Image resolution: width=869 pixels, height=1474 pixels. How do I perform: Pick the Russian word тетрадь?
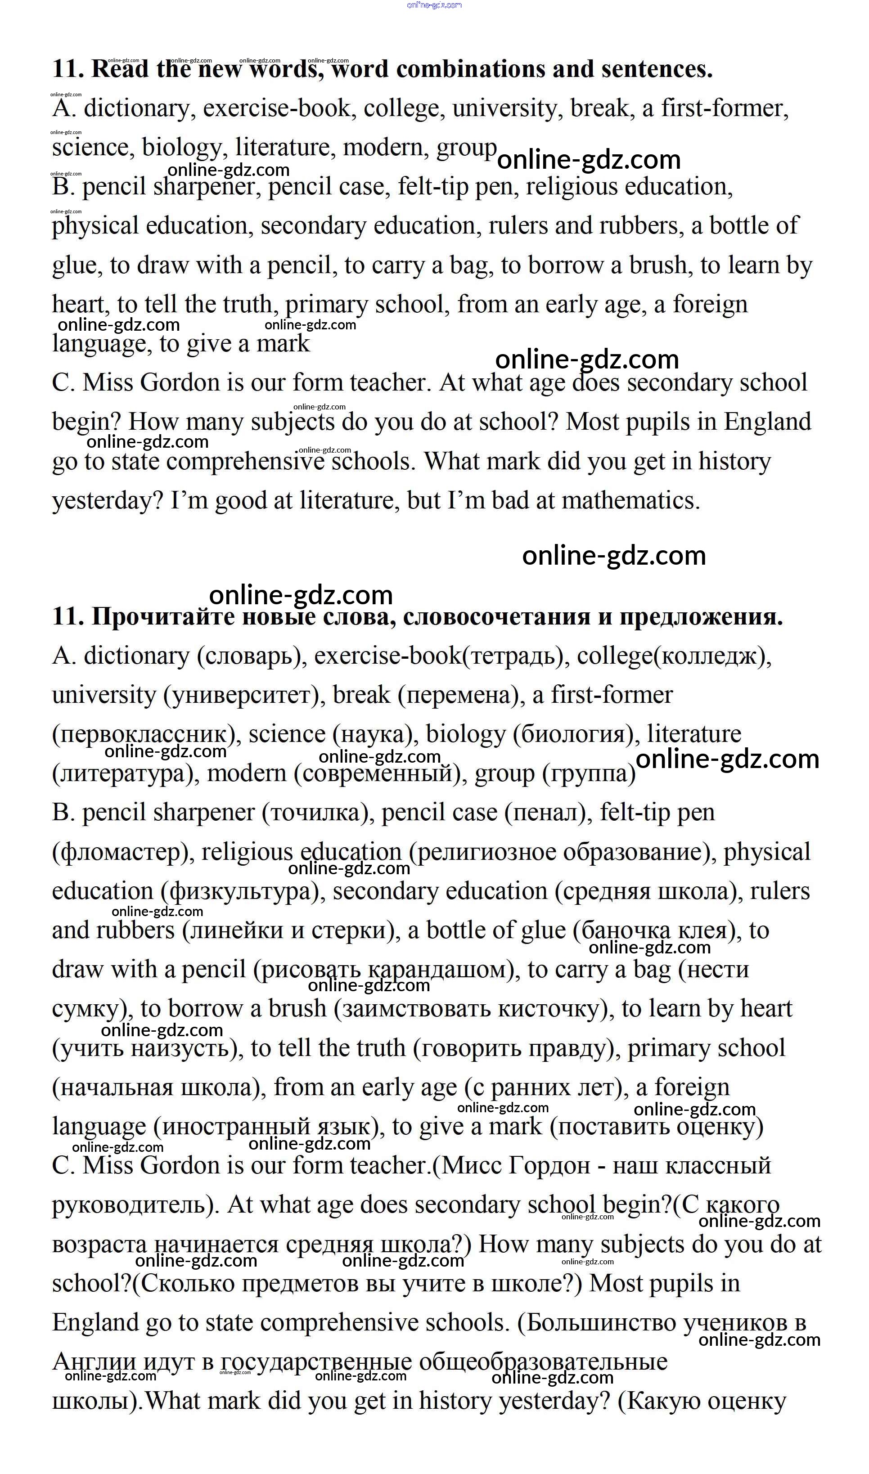tap(512, 656)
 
